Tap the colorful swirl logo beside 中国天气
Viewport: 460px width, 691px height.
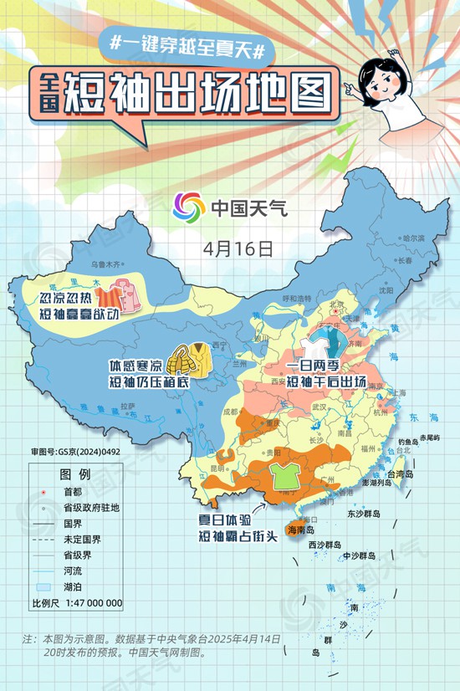[188, 207]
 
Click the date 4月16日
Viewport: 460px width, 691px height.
[238, 248]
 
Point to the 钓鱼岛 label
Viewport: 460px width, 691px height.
[407, 440]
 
